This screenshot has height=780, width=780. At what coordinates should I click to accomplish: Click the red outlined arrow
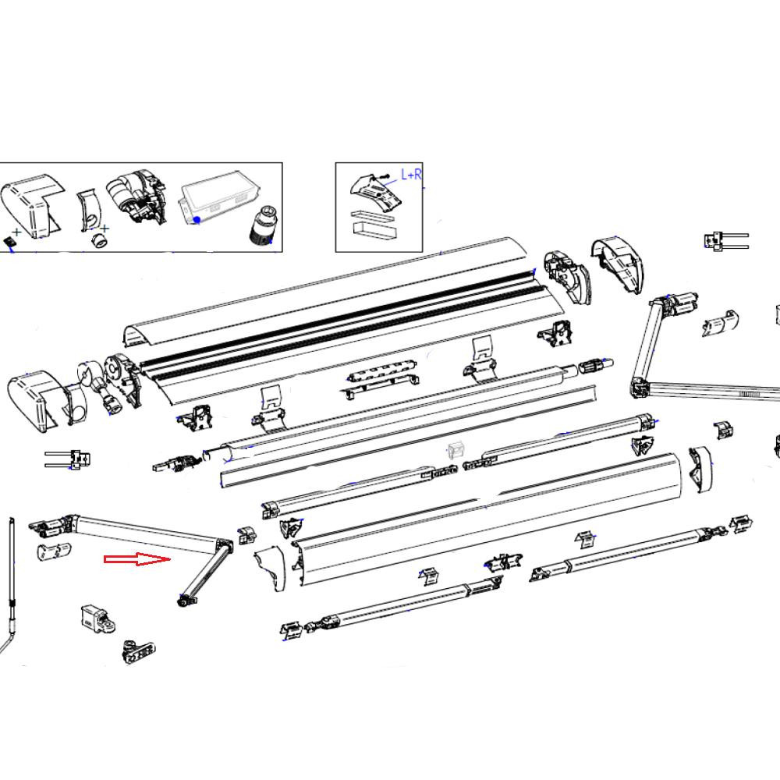coord(137,559)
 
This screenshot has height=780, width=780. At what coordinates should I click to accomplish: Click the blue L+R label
coord(411,174)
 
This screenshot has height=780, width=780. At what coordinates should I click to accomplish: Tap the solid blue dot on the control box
coord(197,220)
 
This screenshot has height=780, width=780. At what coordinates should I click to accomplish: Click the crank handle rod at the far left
coord(12,577)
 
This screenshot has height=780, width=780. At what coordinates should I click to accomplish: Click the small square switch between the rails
coord(455,450)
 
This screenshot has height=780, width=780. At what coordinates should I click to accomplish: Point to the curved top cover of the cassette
coord(328,296)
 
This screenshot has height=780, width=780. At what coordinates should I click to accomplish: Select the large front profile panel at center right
coord(491,507)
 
